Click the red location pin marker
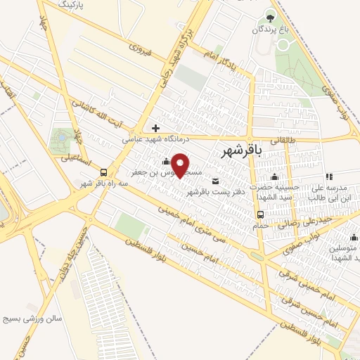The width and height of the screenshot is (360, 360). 181,165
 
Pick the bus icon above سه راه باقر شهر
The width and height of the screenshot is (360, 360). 104,172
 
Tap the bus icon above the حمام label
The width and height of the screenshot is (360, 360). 261,214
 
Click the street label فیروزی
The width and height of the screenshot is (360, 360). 141,49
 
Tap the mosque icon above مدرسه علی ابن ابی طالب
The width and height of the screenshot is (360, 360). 328,176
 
